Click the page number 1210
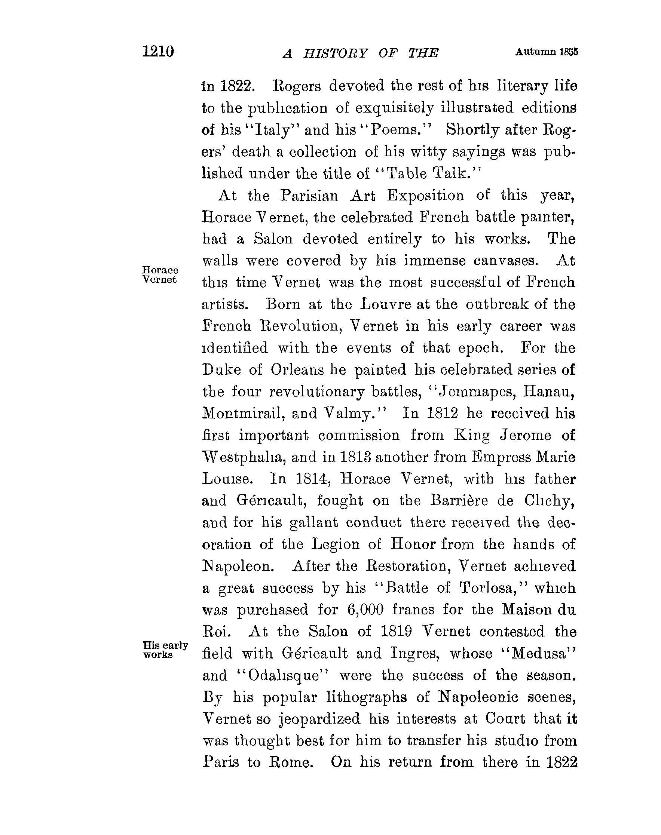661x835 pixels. [x=158, y=52]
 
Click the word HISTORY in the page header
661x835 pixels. [x=335, y=53]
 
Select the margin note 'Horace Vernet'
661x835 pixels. [x=160, y=274]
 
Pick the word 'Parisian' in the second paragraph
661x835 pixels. [x=309, y=195]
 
